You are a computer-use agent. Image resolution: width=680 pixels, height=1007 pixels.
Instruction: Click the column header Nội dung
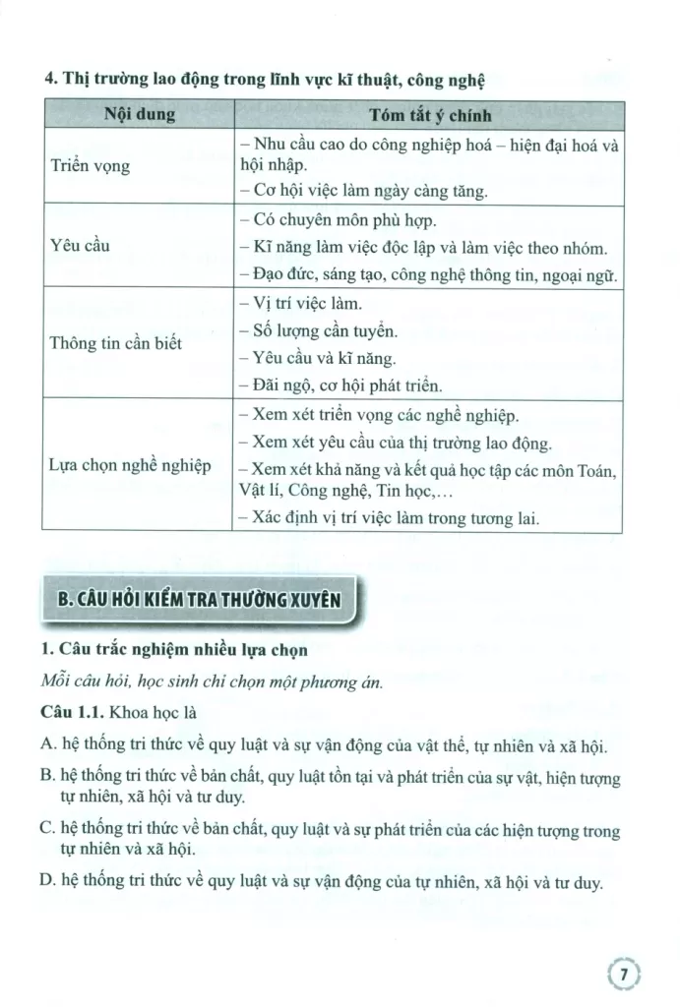point(139,116)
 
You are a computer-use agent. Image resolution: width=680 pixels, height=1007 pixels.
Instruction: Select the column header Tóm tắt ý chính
point(430,116)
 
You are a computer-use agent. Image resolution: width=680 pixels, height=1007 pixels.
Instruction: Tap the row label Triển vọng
point(90,166)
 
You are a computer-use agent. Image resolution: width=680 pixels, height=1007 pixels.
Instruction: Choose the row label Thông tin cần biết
point(115,343)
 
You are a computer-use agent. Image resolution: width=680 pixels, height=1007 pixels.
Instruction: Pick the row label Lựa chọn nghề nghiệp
point(130,465)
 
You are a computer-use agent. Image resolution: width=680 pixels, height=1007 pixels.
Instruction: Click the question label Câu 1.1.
point(74,710)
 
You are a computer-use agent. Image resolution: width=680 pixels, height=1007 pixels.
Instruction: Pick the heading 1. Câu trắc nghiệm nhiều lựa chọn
point(175,649)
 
